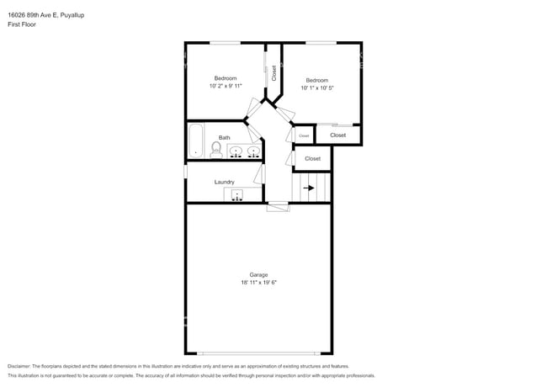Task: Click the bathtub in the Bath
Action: coord(196,141)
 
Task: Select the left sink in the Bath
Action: coord(236,152)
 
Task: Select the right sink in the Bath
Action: coord(252,152)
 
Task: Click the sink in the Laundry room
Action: coord(237,195)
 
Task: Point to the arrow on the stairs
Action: coord(309,188)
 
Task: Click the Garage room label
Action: coord(258,275)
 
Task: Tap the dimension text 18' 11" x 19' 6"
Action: coord(258,283)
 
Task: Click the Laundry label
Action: coord(224,182)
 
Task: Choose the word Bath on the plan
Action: coord(224,138)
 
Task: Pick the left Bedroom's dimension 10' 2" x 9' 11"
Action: coord(226,86)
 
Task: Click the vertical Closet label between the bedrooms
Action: coord(273,73)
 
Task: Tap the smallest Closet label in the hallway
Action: coord(304,135)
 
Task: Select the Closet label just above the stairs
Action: coord(312,158)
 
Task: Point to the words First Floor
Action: coord(22,24)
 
